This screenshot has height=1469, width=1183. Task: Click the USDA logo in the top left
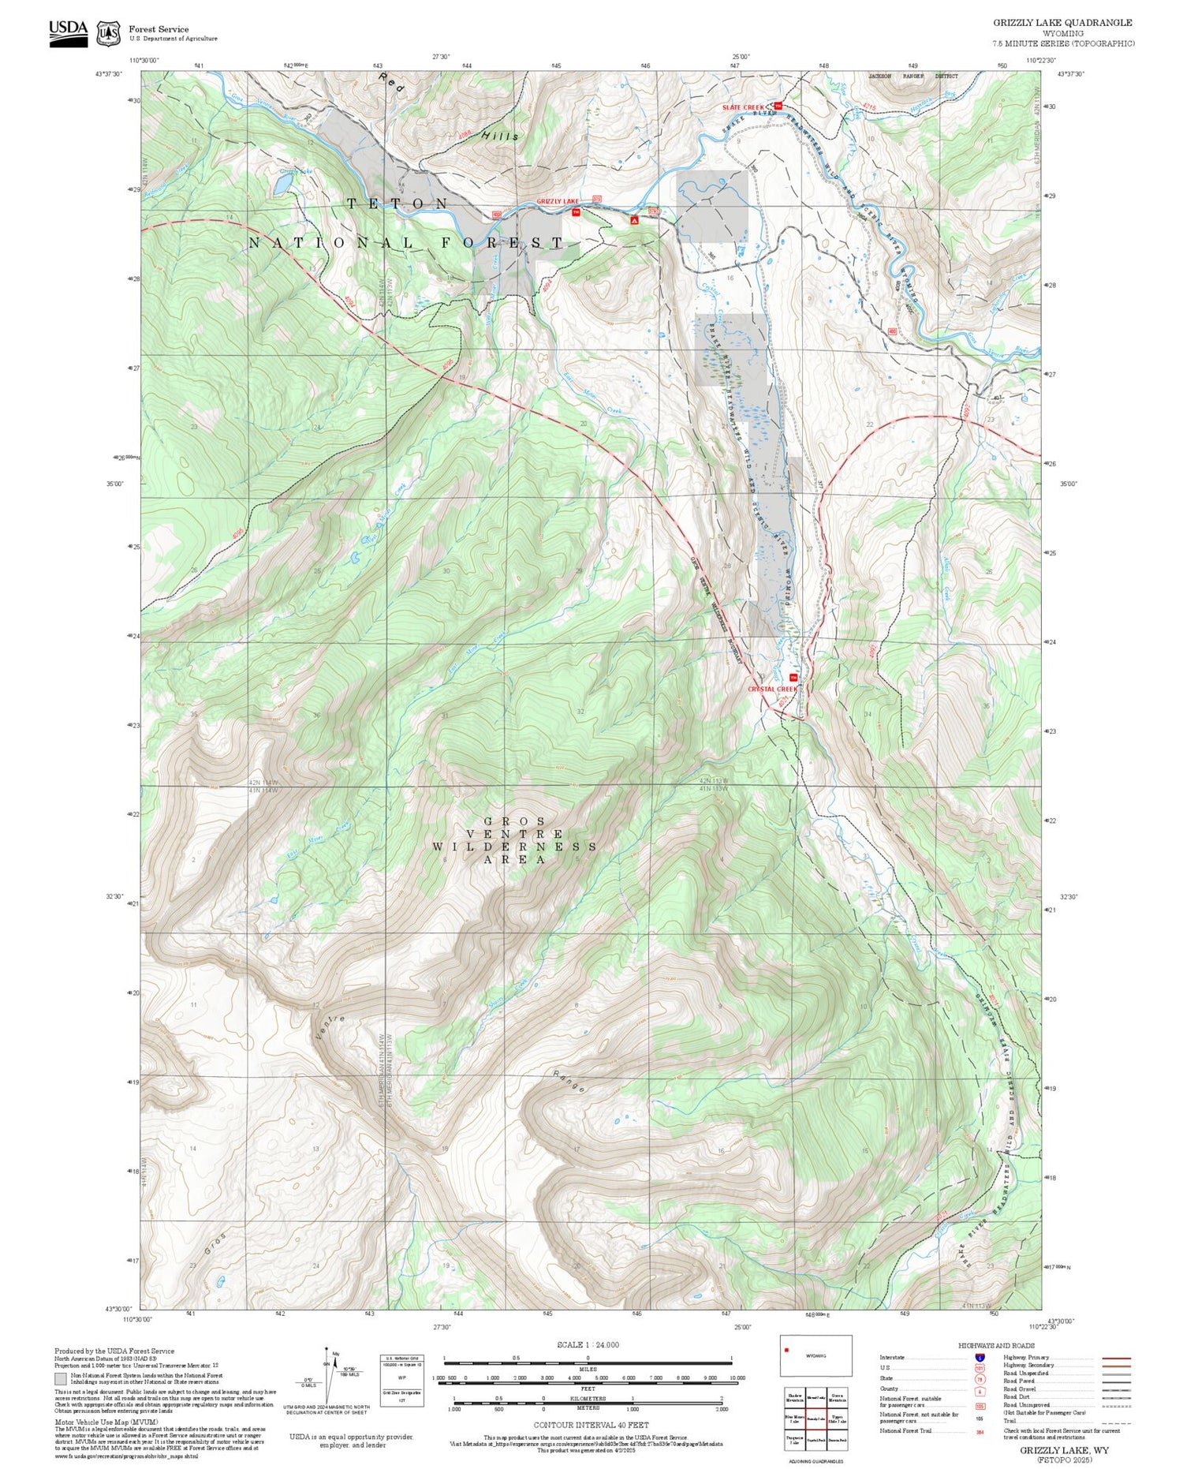pyautogui.click(x=68, y=33)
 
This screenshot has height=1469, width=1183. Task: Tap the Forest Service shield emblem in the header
pyautogui.click(x=108, y=34)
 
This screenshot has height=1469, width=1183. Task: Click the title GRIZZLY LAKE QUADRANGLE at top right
pyautogui.click(x=1062, y=23)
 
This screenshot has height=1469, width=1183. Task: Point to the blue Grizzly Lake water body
pyautogui.click(x=282, y=185)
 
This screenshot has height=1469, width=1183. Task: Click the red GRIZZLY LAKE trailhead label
pyautogui.click(x=557, y=202)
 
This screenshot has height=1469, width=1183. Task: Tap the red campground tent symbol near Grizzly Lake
pyautogui.click(x=634, y=220)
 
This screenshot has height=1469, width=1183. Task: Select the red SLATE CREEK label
pyautogui.click(x=743, y=107)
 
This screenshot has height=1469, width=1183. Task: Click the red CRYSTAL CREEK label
pyautogui.click(x=772, y=689)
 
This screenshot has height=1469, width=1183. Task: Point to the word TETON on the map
pyautogui.click(x=397, y=204)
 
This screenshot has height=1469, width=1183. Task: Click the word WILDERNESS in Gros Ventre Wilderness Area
pyautogui.click(x=514, y=847)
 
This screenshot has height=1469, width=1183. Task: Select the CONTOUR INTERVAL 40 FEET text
pyautogui.click(x=591, y=1425)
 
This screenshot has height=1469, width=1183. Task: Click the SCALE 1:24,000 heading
pyautogui.click(x=588, y=1344)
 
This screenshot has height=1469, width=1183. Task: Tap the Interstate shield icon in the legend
pyautogui.click(x=980, y=1357)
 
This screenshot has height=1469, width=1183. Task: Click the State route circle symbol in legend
pyautogui.click(x=980, y=1379)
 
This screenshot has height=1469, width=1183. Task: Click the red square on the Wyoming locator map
pyautogui.click(x=786, y=1350)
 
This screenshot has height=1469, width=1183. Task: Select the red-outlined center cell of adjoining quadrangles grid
pyautogui.click(x=815, y=1419)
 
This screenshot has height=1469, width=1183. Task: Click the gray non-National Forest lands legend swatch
pyautogui.click(x=61, y=1379)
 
